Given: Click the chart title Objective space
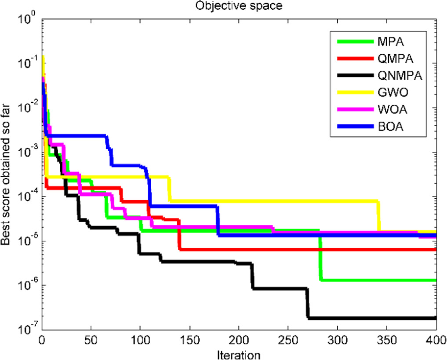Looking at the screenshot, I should pyautogui.click(x=239, y=6).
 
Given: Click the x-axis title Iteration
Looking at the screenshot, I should pyautogui.click(x=239, y=354).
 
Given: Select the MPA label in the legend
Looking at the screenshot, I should pyautogui.click(x=387, y=42).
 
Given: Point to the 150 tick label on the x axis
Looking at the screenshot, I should pyautogui.click(x=189, y=340).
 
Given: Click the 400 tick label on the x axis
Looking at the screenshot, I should pyautogui.click(x=436, y=340).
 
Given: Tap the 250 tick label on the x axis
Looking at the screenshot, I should pyautogui.click(x=288, y=340).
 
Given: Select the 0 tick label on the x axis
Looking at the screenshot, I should pyautogui.click(x=42, y=340).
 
